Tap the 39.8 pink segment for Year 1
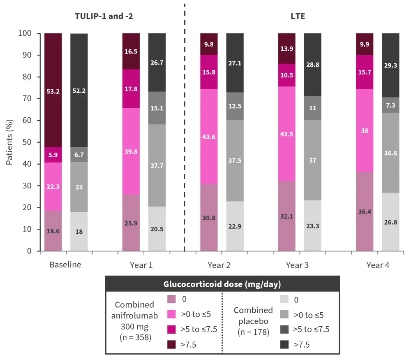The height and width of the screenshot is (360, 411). [131, 151]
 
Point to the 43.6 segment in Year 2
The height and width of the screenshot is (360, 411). [209, 137]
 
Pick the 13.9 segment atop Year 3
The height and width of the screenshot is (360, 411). [287, 49]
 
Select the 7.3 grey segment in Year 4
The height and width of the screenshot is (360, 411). [390, 105]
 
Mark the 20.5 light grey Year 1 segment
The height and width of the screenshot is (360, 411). [157, 229]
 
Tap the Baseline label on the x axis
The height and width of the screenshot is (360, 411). [65, 265]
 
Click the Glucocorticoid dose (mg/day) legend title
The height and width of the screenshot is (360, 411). [222, 284]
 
